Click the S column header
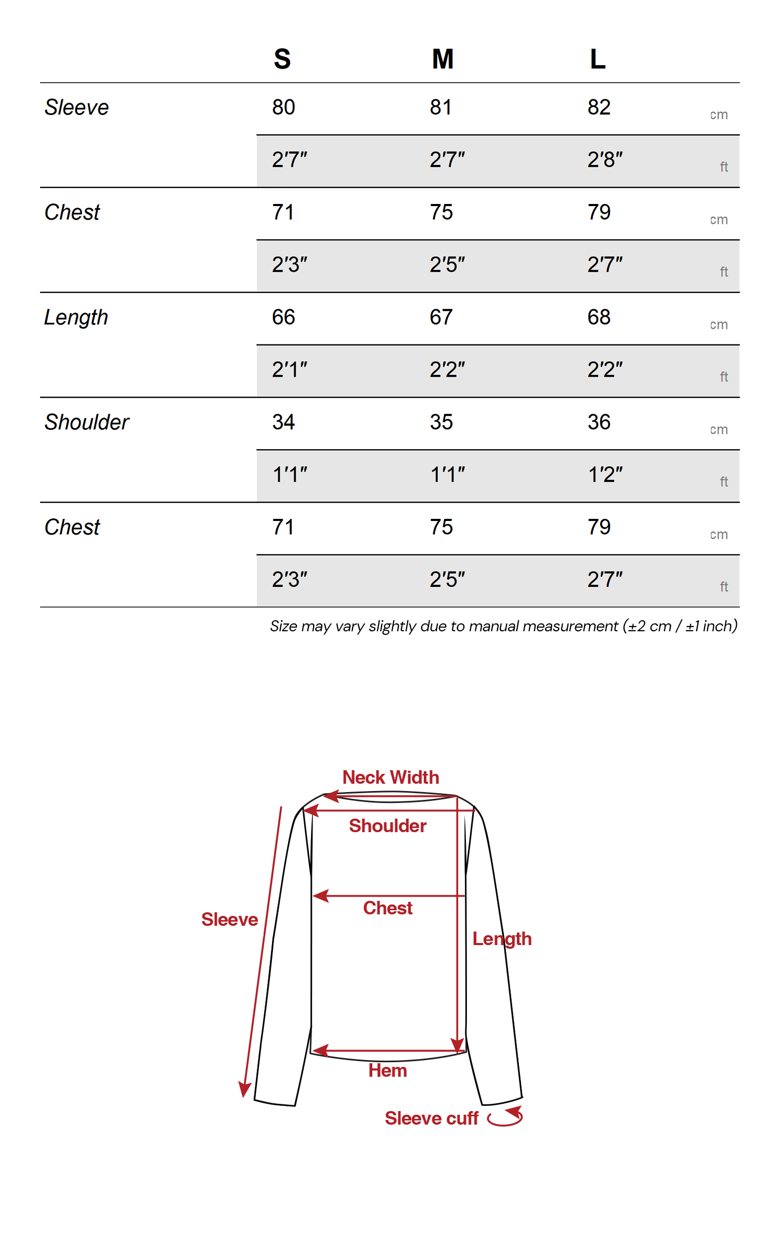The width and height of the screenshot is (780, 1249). tap(282, 59)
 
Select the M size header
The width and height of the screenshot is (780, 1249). tap(443, 59)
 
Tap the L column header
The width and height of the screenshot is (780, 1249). tap(597, 59)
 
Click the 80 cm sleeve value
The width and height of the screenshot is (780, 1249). tap(283, 107)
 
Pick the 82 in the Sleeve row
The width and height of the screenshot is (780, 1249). tap(599, 107)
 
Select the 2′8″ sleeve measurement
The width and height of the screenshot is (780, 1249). tap(605, 160)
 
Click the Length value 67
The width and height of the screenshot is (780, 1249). tap(441, 317)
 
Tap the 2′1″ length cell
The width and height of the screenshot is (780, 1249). tap(290, 369)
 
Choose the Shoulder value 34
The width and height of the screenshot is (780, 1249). tap(283, 422)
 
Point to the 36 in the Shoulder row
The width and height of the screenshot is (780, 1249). tap(599, 422)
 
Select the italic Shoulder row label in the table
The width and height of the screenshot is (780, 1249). tap(87, 422)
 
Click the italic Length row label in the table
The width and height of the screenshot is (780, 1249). tap(76, 317)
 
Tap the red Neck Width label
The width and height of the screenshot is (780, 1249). tap(391, 778)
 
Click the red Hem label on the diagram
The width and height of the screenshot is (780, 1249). tap(387, 1070)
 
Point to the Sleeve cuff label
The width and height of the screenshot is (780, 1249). tap(431, 1118)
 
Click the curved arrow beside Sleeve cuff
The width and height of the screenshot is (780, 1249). tap(505, 1117)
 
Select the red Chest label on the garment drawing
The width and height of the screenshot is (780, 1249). tap(387, 908)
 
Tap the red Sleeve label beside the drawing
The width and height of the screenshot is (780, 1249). tap(229, 920)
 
